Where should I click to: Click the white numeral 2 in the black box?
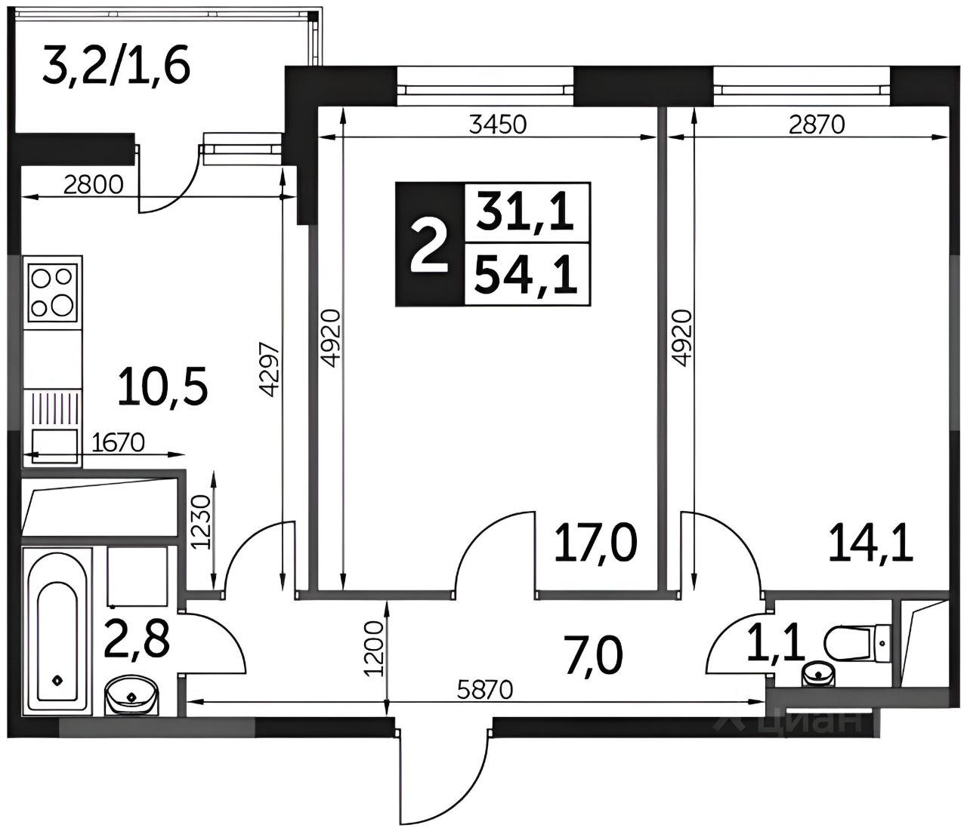click(x=429, y=246)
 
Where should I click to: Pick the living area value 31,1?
click(x=525, y=211)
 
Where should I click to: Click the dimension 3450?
click(x=498, y=125)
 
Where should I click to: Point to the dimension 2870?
click(x=817, y=125)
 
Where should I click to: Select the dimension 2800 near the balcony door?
click(x=94, y=185)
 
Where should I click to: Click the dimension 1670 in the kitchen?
click(x=119, y=442)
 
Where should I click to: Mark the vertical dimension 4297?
click(x=270, y=370)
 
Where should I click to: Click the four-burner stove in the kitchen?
click(x=53, y=293)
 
